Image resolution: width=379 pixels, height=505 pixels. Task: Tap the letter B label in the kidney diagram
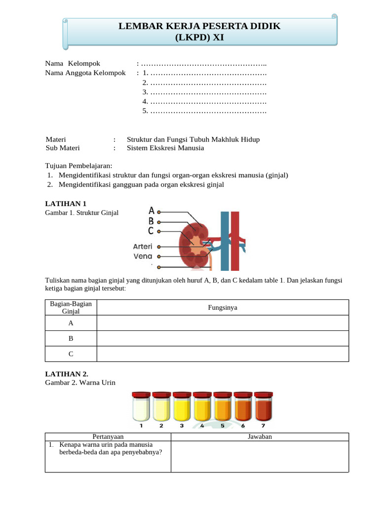(152, 221)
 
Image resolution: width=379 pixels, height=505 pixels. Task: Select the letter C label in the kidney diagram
(151, 230)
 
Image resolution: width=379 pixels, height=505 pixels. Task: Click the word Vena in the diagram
(143, 256)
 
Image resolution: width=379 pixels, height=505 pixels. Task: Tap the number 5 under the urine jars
(223, 426)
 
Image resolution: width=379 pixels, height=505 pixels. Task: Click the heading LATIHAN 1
(66, 204)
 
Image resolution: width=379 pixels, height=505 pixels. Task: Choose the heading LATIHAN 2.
(67, 374)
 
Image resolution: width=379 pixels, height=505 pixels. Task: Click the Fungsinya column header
(222, 307)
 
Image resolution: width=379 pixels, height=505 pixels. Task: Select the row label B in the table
(71, 338)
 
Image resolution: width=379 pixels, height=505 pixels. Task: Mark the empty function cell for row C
(222, 354)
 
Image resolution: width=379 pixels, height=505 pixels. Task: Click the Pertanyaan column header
(108, 436)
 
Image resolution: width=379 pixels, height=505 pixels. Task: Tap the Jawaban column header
(260, 436)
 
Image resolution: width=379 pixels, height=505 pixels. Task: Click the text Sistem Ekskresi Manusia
(165, 148)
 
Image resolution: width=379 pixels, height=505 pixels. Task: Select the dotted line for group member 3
(208, 92)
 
